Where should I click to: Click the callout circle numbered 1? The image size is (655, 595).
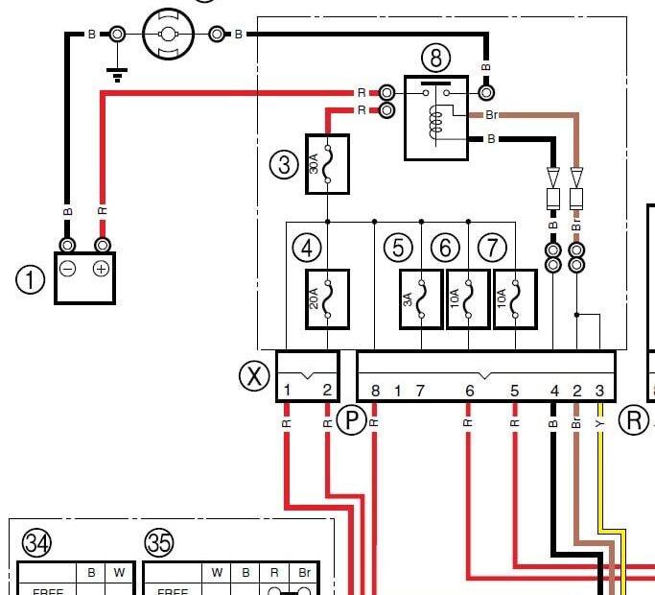tap(31, 280)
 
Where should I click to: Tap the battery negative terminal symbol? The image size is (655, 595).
tap(68, 269)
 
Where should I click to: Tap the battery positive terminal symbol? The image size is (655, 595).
tap(101, 269)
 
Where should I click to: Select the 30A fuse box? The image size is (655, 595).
tap(327, 164)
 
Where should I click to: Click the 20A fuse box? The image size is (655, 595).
tap(327, 299)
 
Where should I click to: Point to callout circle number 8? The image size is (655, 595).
tap(435, 59)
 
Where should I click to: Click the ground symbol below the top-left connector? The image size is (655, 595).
tap(116, 73)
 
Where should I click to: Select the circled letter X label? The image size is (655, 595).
tap(254, 376)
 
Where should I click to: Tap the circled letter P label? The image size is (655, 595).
tap(351, 419)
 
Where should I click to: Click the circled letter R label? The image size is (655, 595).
tap(633, 419)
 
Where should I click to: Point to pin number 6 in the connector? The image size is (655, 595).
tap(469, 390)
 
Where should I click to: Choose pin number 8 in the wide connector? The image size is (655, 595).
tap(375, 390)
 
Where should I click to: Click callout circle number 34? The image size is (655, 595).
tap(36, 544)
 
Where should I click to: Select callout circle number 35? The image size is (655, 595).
tap(159, 544)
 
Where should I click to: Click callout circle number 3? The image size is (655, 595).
tap(284, 164)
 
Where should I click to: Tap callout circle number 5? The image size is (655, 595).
tap(398, 248)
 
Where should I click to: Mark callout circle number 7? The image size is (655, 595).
tap(492, 248)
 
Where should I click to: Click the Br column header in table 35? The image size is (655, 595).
tap(304, 573)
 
